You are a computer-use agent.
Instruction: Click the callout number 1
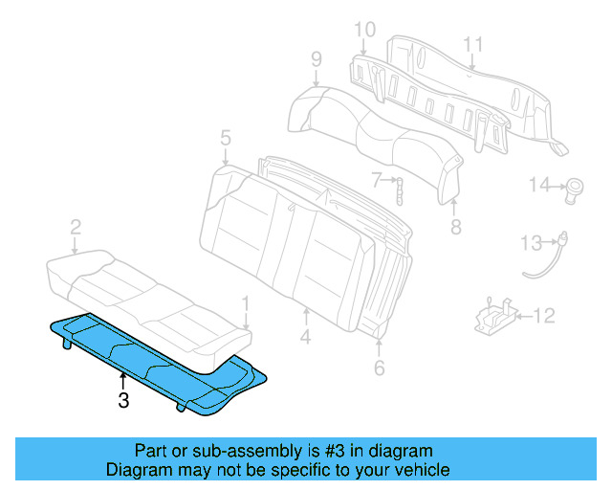coord(247,303)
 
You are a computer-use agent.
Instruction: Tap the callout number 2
coord(75,227)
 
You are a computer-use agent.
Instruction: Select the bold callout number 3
coord(122,401)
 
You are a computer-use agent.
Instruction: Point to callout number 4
coord(305,337)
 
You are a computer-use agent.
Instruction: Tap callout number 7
coord(377,178)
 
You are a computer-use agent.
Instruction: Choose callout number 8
coord(455,227)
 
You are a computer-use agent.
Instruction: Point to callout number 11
coord(472,43)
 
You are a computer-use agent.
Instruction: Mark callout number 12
coord(543,314)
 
